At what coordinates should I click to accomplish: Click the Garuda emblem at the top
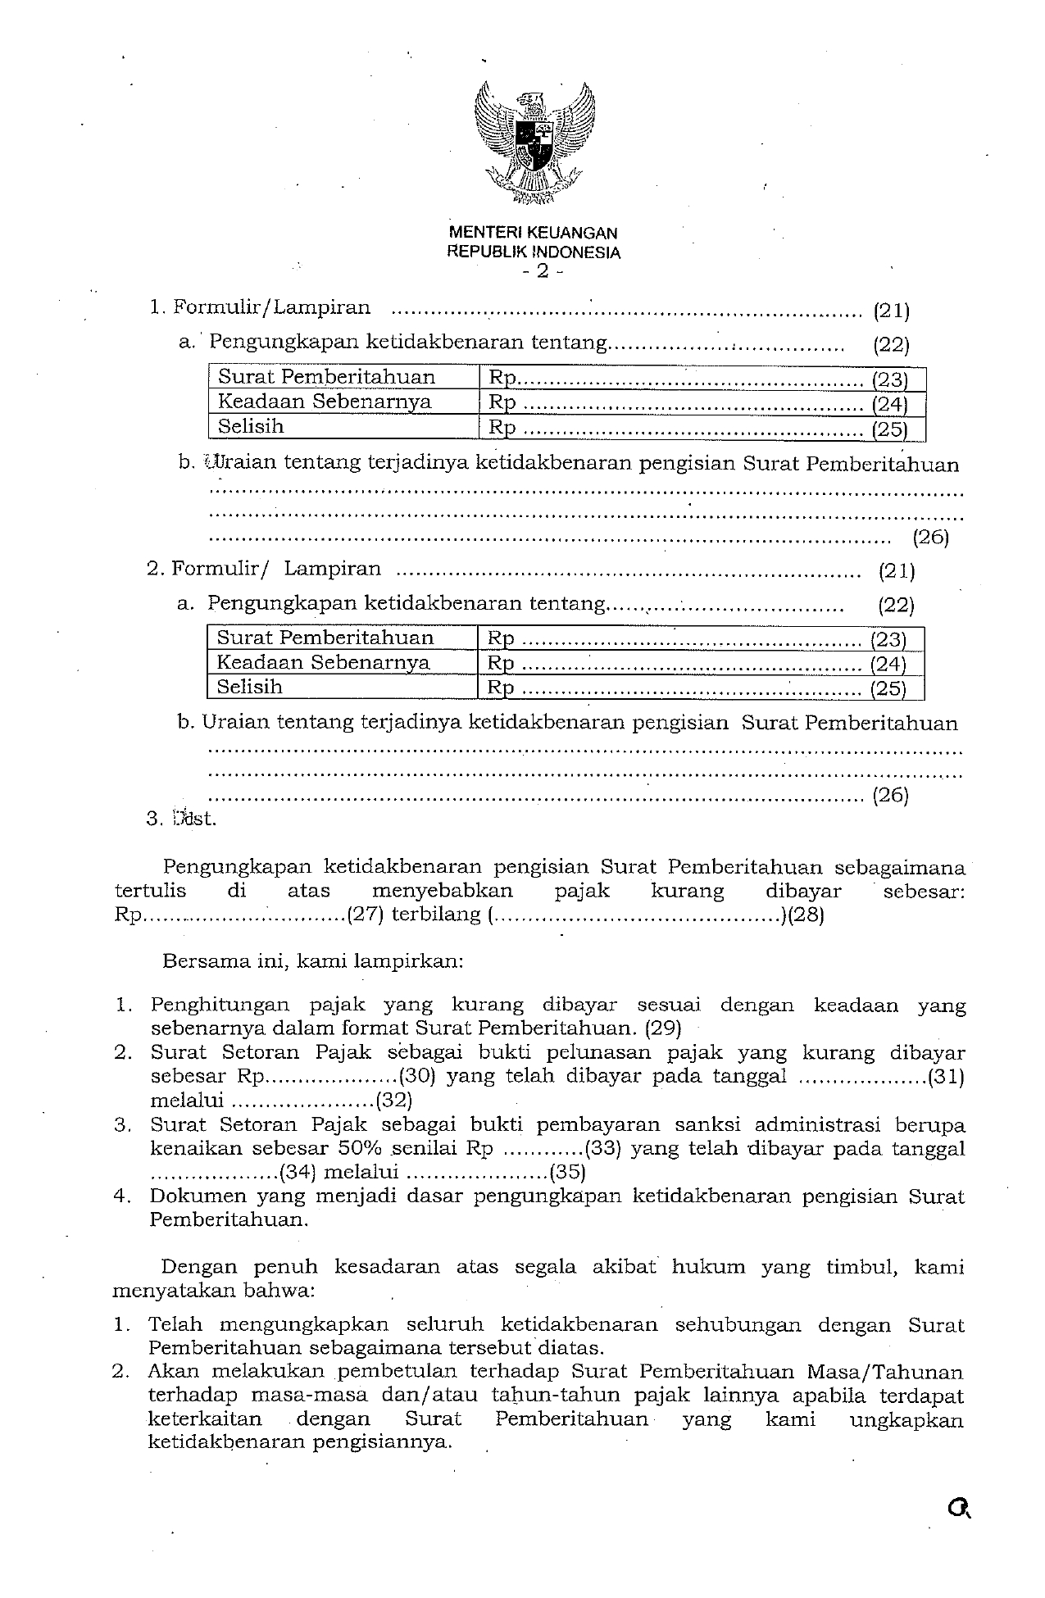tap(534, 142)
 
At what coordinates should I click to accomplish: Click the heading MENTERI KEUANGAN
tap(533, 234)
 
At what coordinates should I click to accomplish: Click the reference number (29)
tap(663, 1028)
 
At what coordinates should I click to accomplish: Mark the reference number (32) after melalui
tap(394, 1100)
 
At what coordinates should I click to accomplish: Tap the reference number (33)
tap(605, 1148)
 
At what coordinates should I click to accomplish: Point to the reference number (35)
tap(568, 1172)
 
